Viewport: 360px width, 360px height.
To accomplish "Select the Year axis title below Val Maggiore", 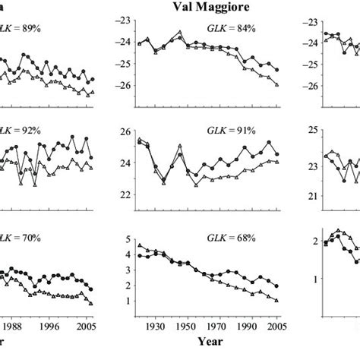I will (210, 343).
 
